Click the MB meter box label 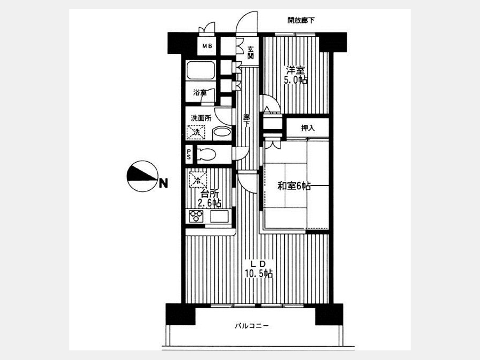[x=206, y=46]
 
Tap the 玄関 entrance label [x=251, y=53]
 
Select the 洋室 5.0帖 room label [x=295, y=75]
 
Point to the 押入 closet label [x=308, y=128]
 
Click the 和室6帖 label [x=294, y=186]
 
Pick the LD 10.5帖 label [x=258, y=269]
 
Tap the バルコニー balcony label [x=252, y=326]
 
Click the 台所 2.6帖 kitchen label [x=210, y=198]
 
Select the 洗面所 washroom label [x=201, y=118]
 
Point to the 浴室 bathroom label [x=199, y=92]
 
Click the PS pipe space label [x=189, y=154]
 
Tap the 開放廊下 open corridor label [x=301, y=20]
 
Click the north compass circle [x=142, y=177]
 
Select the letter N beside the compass [x=164, y=183]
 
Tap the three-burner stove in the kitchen [x=196, y=217]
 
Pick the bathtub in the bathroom [x=201, y=70]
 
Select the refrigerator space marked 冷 [x=197, y=179]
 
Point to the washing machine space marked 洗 [x=196, y=132]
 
